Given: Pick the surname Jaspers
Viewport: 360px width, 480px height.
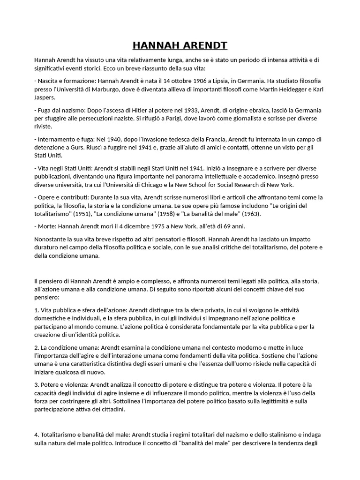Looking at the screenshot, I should [45, 97].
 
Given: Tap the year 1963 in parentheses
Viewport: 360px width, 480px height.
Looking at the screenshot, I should [262, 214].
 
